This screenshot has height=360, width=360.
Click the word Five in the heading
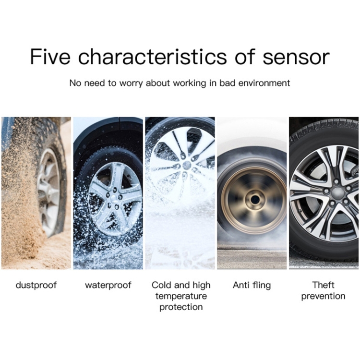(x=50, y=57)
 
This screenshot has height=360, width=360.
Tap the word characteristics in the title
(x=153, y=57)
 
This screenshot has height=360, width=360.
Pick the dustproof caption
(x=36, y=286)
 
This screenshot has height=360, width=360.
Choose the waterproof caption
(x=108, y=286)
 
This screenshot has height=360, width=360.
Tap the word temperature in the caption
(x=181, y=297)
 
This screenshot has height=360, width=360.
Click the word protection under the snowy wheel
(x=181, y=307)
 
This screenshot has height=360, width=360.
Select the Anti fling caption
(x=252, y=286)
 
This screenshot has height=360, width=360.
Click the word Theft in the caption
(x=323, y=285)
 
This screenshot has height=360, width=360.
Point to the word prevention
(x=323, y=297)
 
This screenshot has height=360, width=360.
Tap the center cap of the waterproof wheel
(x=114, y=198)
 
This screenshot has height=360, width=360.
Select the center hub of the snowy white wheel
(x=187, y=165)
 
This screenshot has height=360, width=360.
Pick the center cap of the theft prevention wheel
(x=336, y=192)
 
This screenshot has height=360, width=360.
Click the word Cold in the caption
(x=162, y=285)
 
